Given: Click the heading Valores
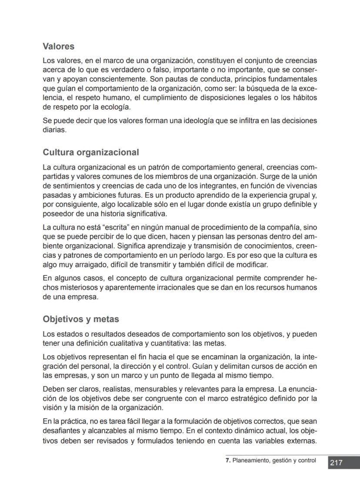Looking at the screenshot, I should click(x=59, y=46).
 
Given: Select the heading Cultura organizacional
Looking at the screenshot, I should click(x=91, y=152).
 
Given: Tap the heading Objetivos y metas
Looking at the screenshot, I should click(x=81, y=319).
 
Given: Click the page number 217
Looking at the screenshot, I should click(x=336, y=463).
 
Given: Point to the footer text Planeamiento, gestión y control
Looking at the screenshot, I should click(x=274, y=460).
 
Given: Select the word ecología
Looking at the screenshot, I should click(x=113, y=107).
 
